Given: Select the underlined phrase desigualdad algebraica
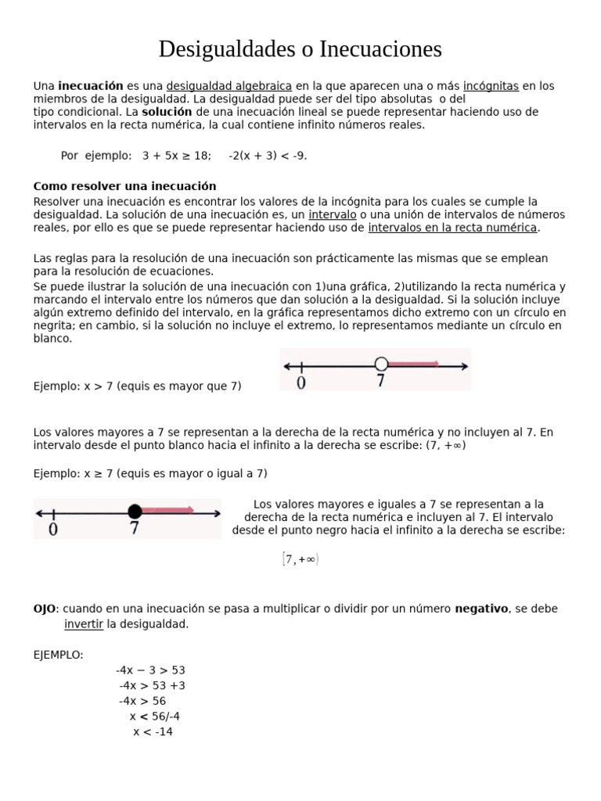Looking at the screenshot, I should pos(229,86).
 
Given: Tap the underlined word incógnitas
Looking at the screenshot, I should pos(491,86).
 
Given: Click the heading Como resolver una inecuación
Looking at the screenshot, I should pos(124,186).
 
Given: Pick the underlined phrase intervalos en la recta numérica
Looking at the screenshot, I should pos(453,228).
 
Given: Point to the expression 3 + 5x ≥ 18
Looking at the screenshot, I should pos(176,156).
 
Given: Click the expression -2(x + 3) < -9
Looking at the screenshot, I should pos(268,156).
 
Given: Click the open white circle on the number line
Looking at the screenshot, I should pos(381,364).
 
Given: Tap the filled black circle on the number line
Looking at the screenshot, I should pos(135,512).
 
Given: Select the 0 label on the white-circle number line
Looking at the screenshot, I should pos(301,383).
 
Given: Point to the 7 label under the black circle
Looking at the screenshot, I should pos(135,530).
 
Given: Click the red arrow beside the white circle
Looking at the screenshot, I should pos(413,364).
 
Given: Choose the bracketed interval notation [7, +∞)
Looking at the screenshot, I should pos(300,559).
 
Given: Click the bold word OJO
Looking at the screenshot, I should pos(44,609).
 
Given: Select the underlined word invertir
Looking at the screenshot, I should pos(83,624).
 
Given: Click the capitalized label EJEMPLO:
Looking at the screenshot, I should pos(58,655).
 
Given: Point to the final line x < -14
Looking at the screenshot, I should pos(153,732).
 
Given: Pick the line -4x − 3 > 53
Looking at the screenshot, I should pos(150,670).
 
